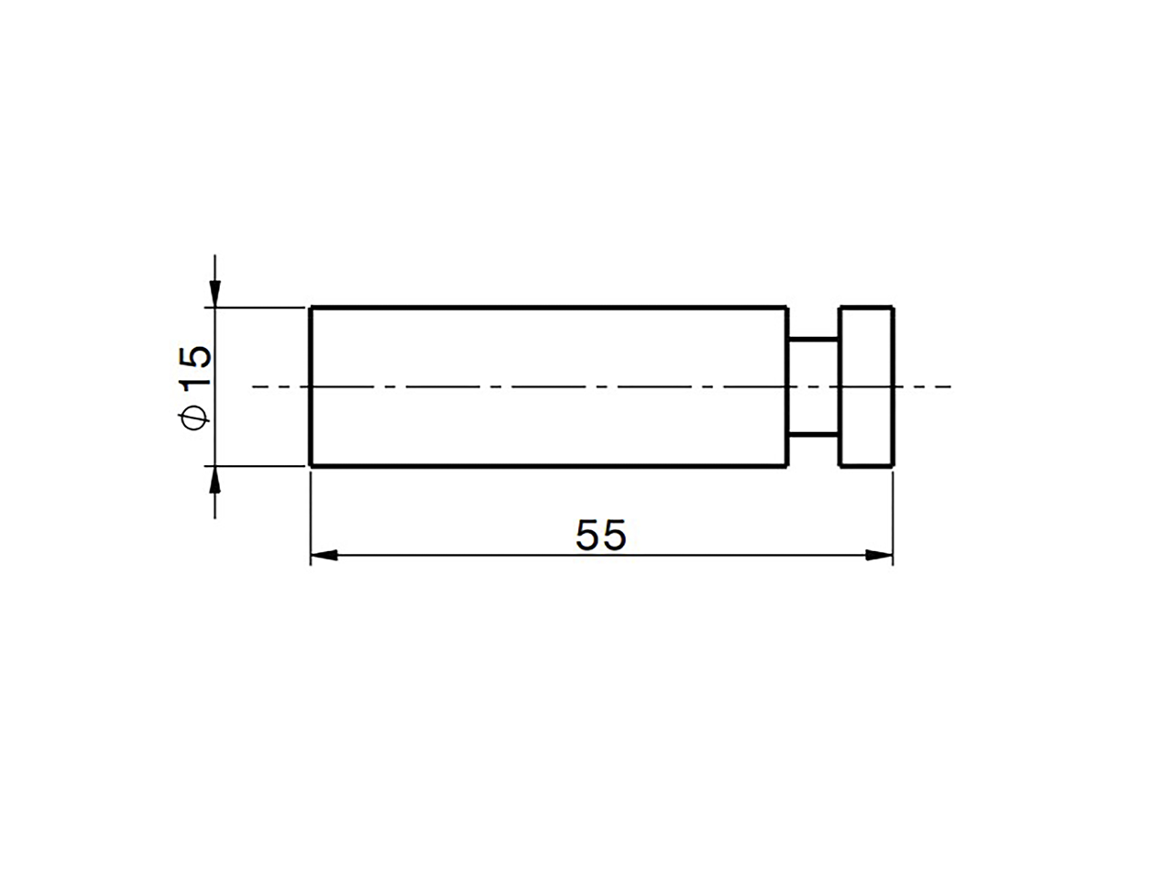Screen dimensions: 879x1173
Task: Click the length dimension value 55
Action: pyautogui.click(x=600, y=536)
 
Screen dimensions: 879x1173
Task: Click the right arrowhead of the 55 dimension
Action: pyautogui.click(x=879, y=555)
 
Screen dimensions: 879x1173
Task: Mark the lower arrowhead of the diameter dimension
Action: pyautogui.click(x=214, y=480)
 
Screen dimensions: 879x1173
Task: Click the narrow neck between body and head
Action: pyautogui.click(x=813, y=386)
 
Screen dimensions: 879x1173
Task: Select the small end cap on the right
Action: pyautogui.click(x=866, y=386)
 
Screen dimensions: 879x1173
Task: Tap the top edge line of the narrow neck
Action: pyautogui.click(x=813, y=340)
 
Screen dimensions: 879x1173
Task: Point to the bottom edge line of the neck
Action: pyautogui.click(x=813, y=434)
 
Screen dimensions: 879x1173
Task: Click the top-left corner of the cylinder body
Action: pyautogui.click(x=311, y=308)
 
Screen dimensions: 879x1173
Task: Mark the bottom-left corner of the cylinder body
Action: pyautogui.click(x=311, y=466)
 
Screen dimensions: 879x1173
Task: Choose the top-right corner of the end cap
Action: pyautogui.click(x=893, y=308)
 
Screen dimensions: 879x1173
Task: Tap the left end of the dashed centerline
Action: pyautogui.click(x=254, y=387)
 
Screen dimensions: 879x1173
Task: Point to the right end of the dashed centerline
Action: pyautogui.click(x=950, y=387)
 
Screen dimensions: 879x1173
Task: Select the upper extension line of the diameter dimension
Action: pyautogui.click(x=257, y=308)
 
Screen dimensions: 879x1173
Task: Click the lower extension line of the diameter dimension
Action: pyautogui.click(x=257, y=466)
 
